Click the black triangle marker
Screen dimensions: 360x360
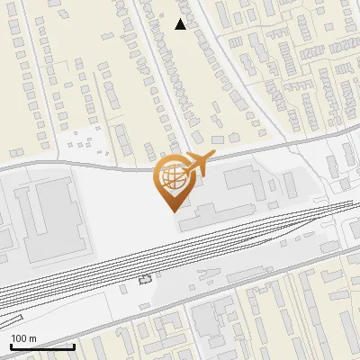181,24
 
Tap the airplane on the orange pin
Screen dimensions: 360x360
197,164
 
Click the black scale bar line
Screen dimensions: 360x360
42,346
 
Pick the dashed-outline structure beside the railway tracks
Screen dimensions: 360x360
146,280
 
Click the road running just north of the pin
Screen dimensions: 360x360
108,165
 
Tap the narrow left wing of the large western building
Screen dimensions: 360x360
27,216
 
